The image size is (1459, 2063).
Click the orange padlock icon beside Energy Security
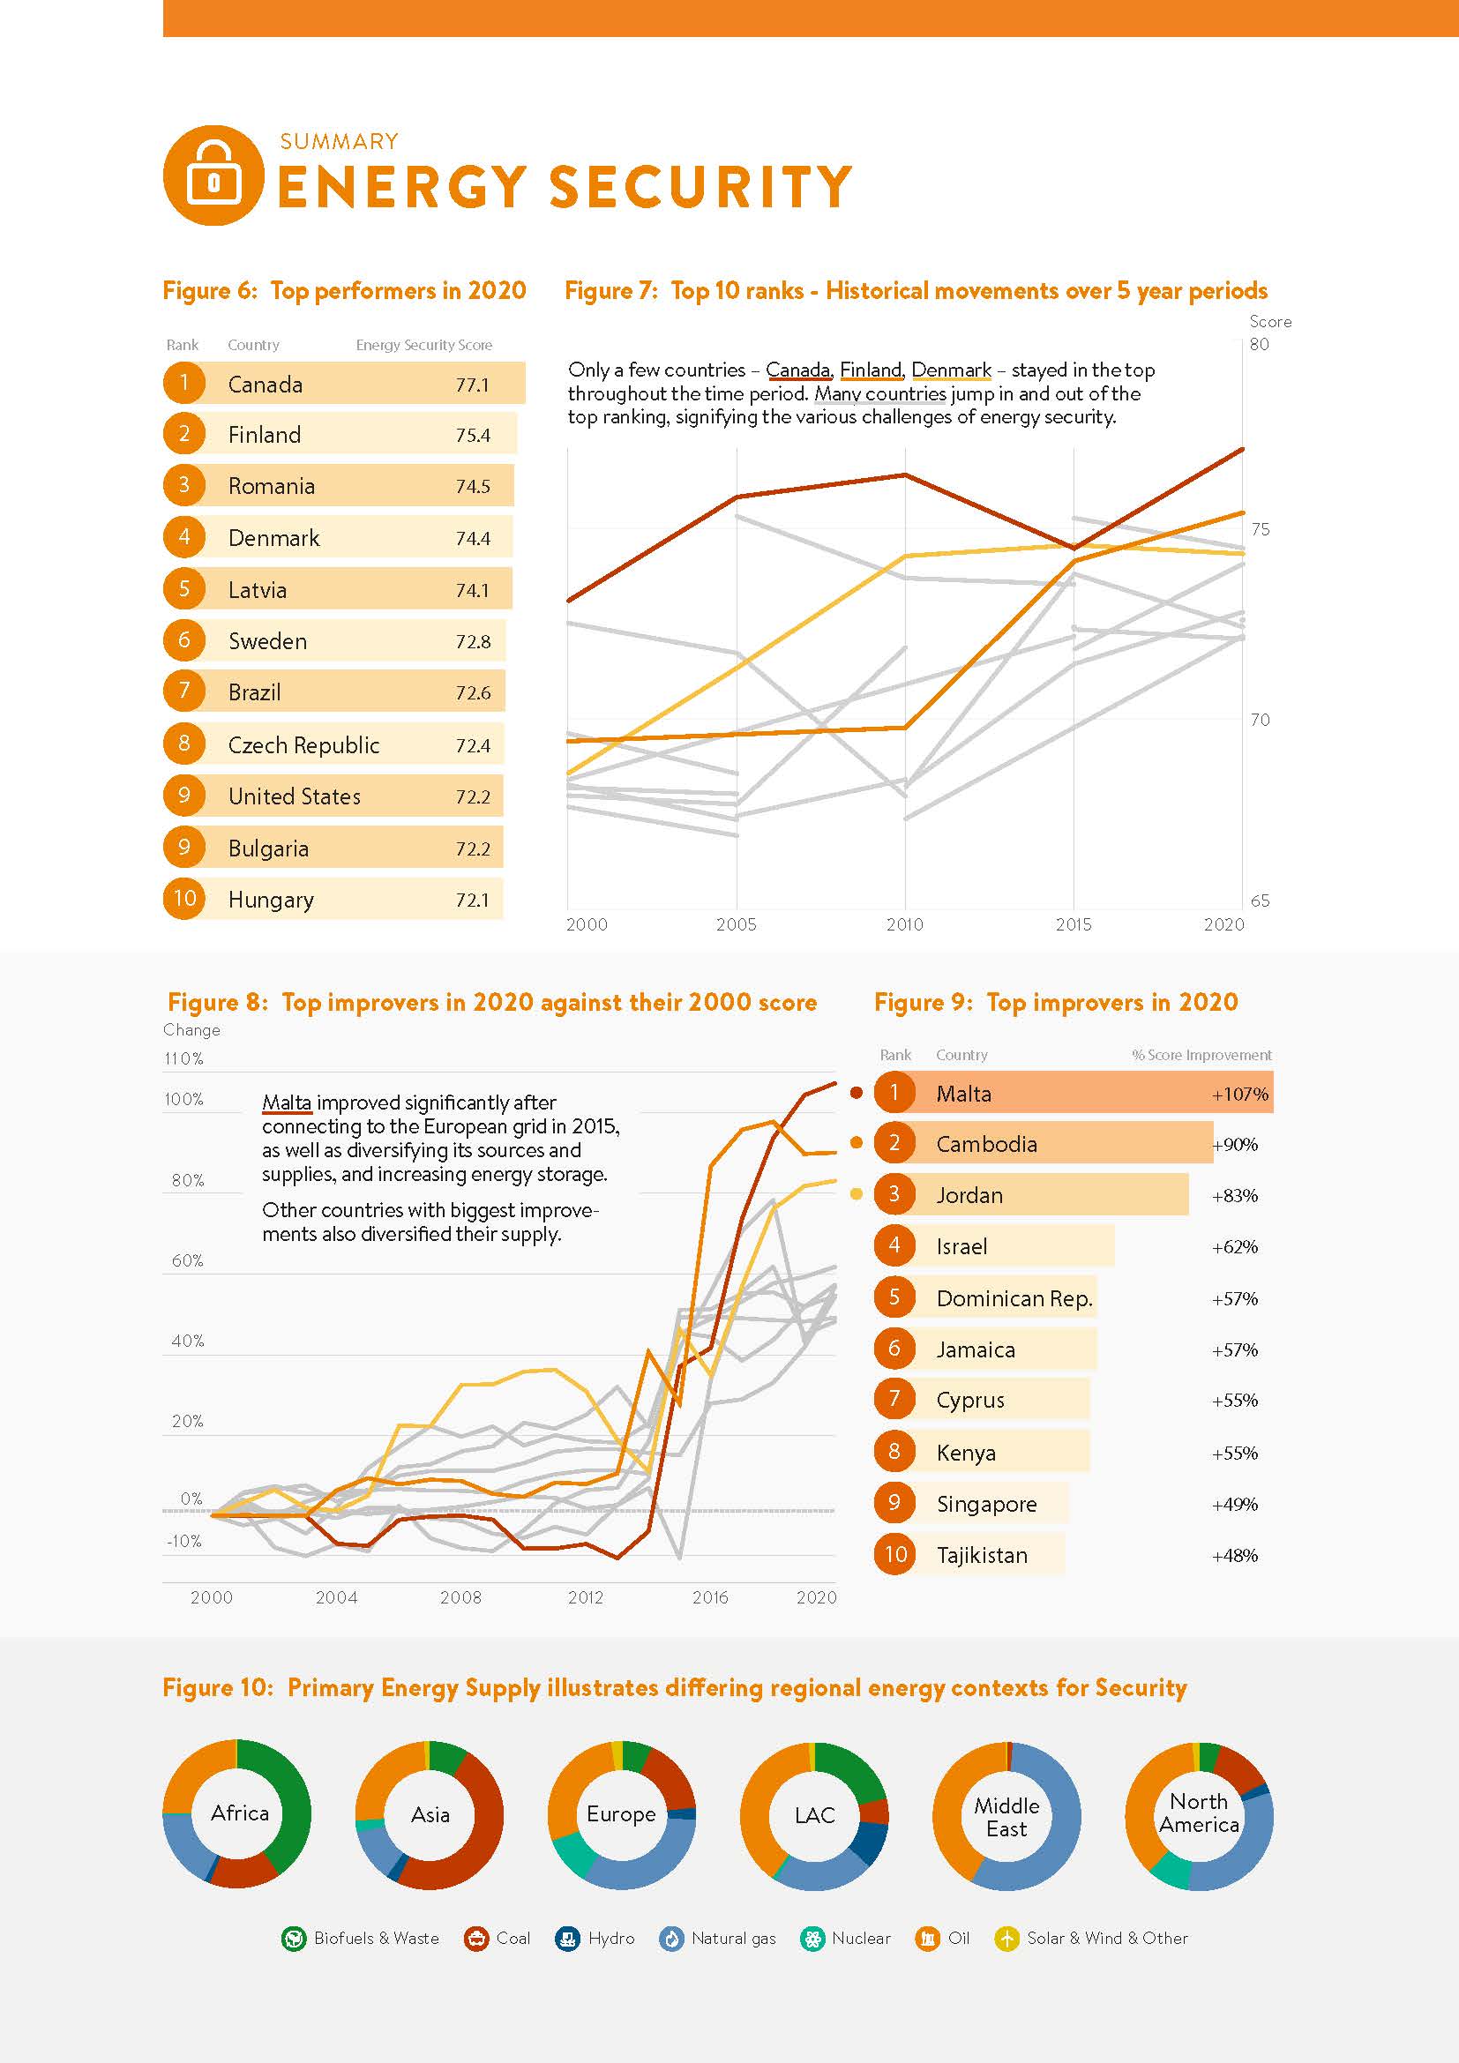pos(213,176)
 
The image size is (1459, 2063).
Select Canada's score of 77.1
pos(473,385)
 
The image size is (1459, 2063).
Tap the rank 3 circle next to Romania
pos(183,485)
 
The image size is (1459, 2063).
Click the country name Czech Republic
pos(303,745)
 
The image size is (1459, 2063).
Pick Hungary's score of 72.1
pos(473,900)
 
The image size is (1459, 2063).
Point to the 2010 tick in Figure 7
pos(905,923)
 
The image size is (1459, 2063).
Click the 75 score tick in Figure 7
pos(1261,529)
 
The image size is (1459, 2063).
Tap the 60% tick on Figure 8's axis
pos(188,1260)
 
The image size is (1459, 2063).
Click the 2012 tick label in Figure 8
pos(586,1597)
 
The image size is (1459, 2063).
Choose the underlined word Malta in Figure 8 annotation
pos(287,1103)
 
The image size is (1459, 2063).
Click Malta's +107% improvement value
pos(1239,1094)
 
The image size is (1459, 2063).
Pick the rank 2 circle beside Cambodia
pos(894,1143)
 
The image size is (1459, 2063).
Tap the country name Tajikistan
pos(982,1555)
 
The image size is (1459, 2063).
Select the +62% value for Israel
pos(1234,1246)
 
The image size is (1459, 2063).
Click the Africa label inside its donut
pos(240,1813)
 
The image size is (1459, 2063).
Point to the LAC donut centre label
pos(815,1815)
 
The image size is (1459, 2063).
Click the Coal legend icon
pos(476,1939)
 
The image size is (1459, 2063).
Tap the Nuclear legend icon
pos(812,1939)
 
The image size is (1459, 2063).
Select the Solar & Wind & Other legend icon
pos(1007,1939)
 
